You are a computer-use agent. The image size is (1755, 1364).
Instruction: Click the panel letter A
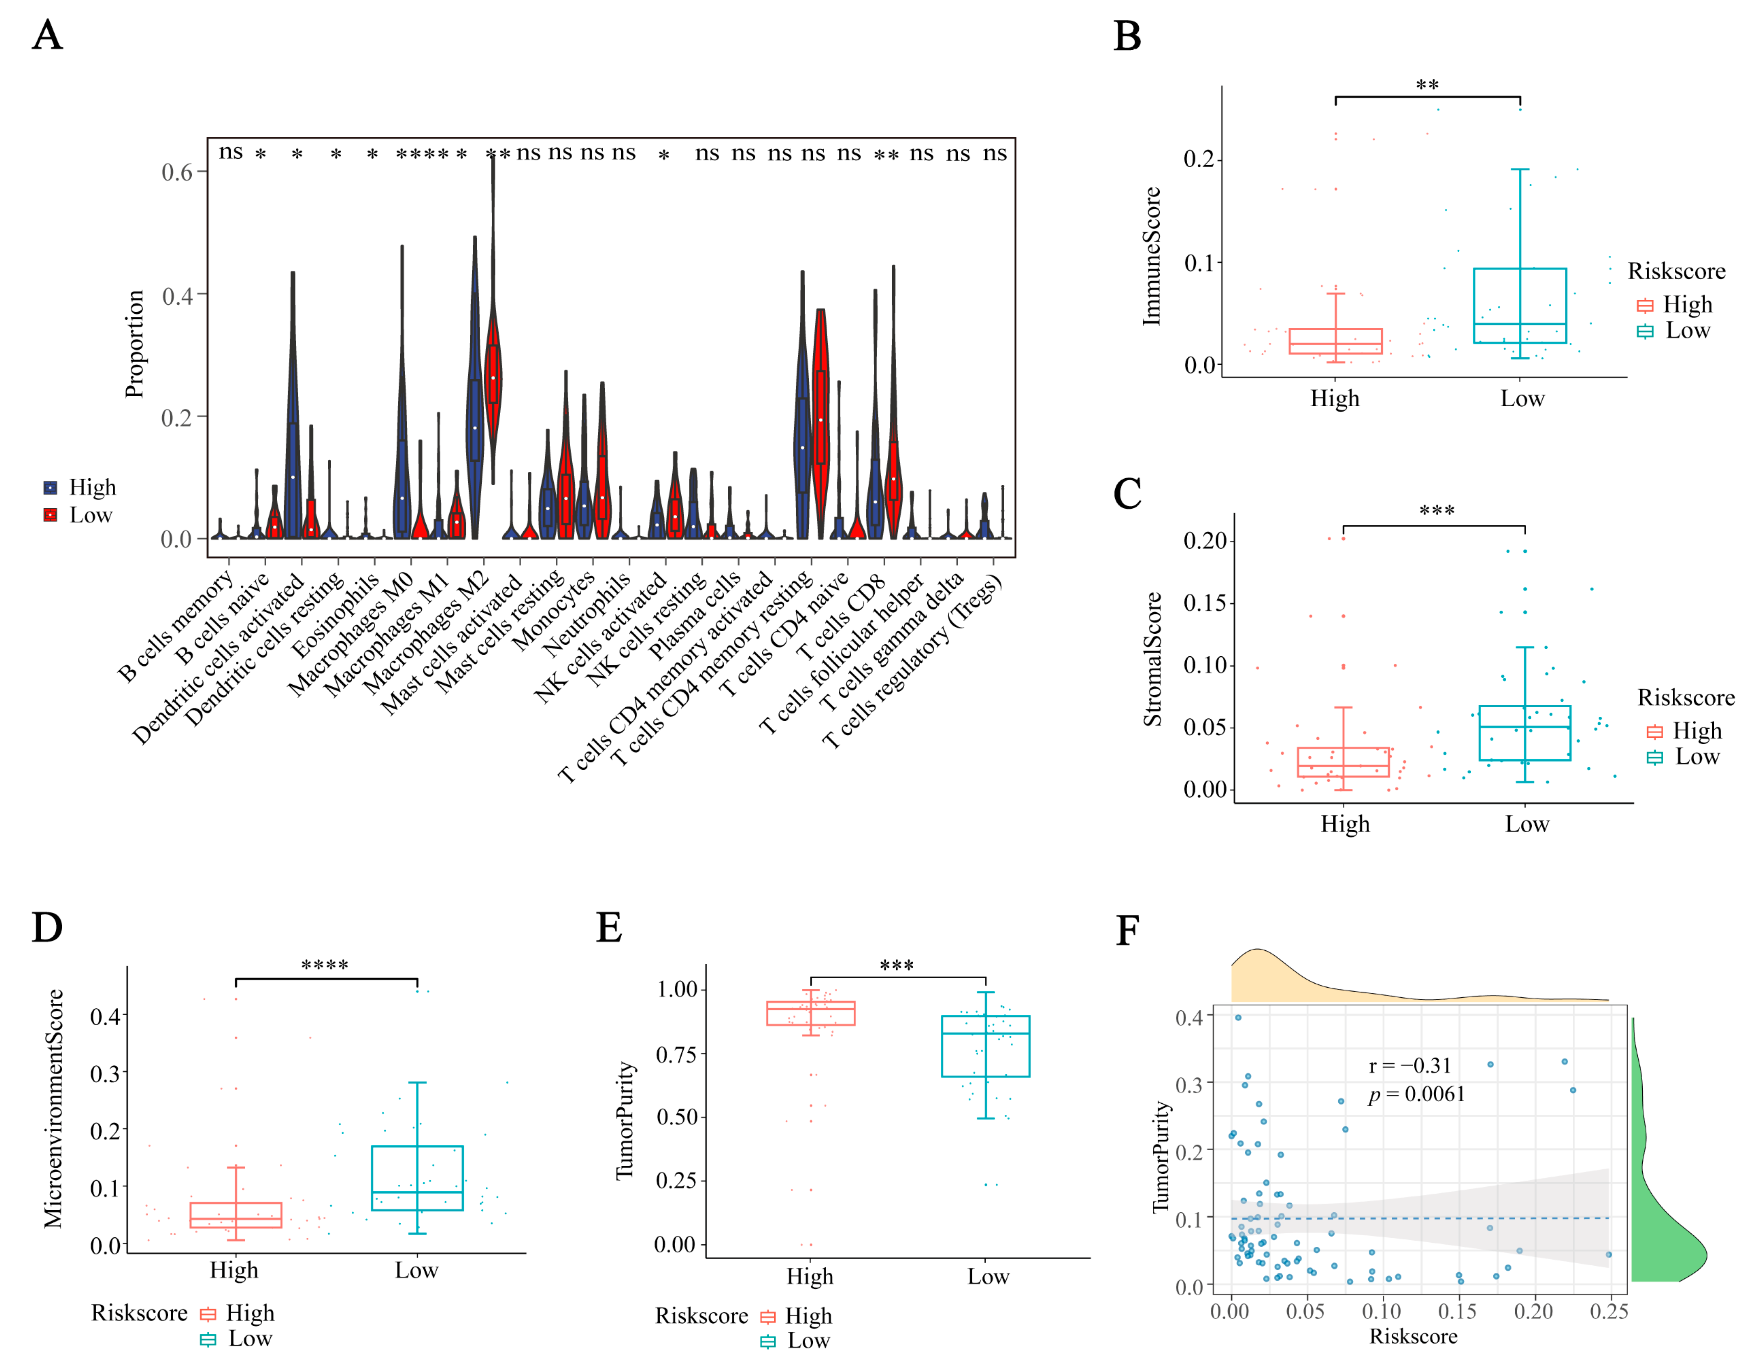click(47, 36)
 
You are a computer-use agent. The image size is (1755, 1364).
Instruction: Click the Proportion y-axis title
click(134, 344)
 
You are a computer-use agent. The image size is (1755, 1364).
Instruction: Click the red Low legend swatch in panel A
click(50, 515)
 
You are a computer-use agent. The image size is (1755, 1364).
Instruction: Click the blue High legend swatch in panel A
click(50, 488)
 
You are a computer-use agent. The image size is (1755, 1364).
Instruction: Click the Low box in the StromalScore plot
click(1524, 733)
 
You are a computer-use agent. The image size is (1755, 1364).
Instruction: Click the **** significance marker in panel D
click(325, 965)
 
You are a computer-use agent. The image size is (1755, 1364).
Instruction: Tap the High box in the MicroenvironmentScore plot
click(235, 1215)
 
